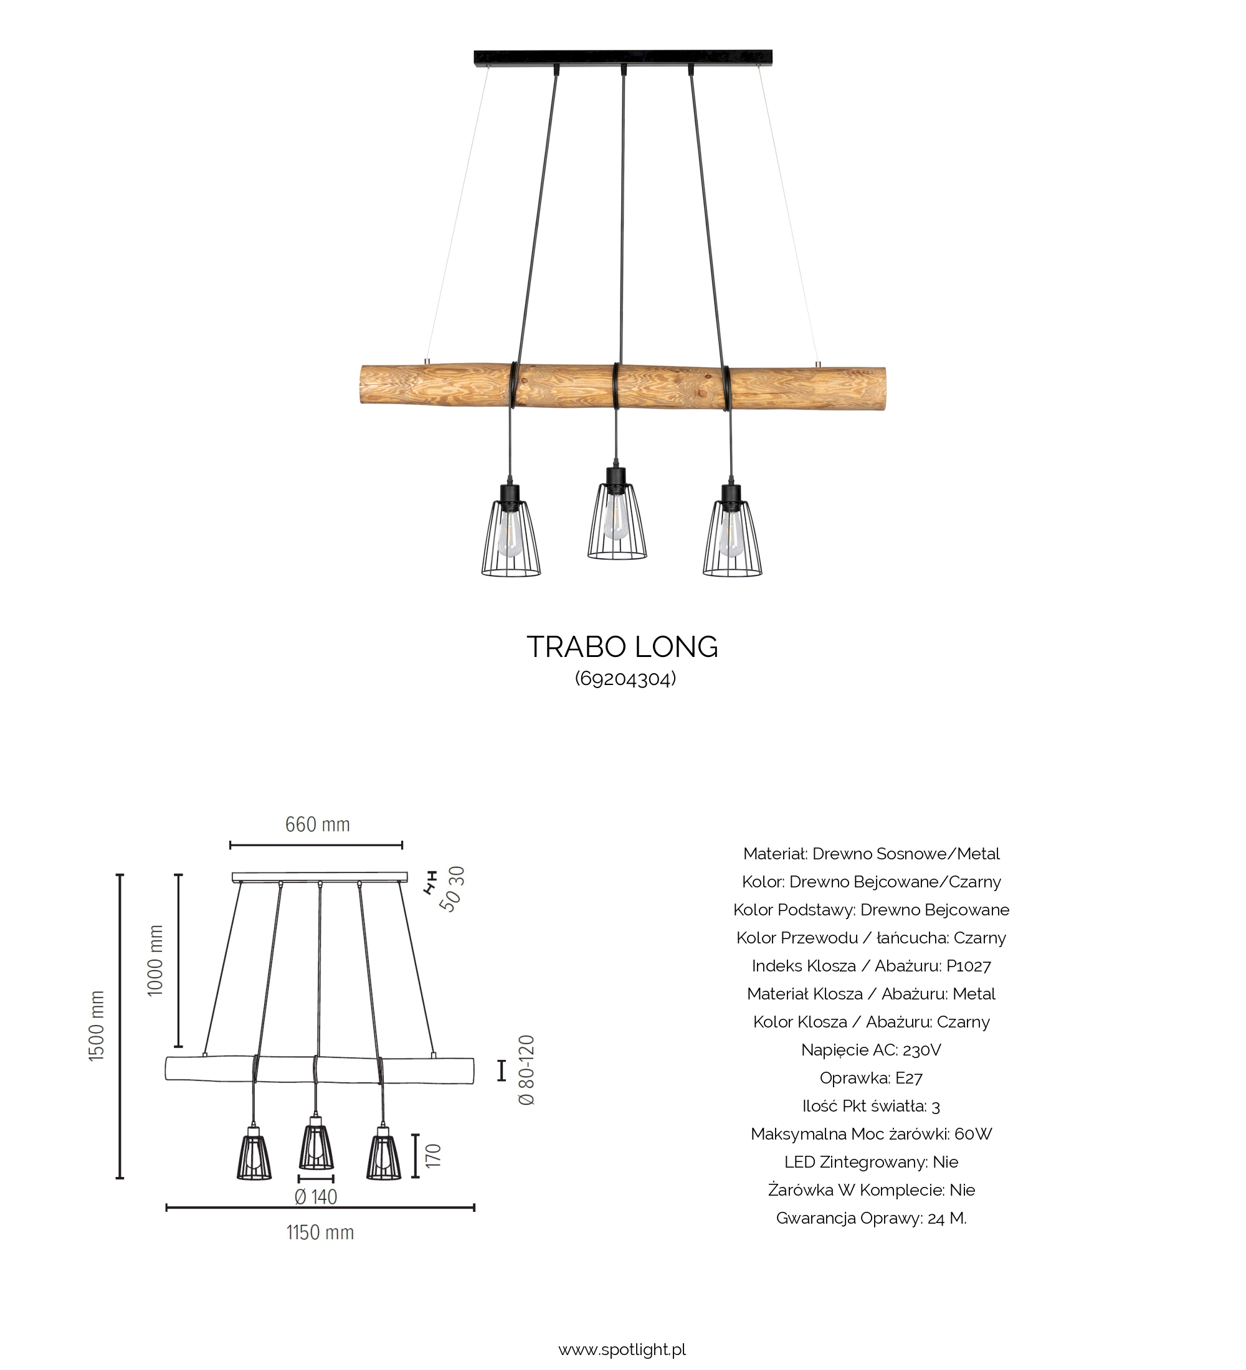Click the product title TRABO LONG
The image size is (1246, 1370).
(x=622, y=648)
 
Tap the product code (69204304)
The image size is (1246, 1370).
(x=625, y=679)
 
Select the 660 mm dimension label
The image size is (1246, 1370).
(x=318, y=824)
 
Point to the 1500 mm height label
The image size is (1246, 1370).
(x=97, y=1026)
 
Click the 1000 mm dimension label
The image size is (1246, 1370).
(x=156, y=960)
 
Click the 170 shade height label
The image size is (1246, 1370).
(x=434, y=1156)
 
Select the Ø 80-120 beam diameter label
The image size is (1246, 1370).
(x=527, y=1070)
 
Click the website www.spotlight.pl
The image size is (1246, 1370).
(x=622, y=1349)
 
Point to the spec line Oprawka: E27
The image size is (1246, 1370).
(x=871, y=1078)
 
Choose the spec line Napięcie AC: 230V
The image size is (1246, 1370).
(x=871, y=1050)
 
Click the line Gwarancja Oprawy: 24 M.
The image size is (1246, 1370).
(x=871, y=1219)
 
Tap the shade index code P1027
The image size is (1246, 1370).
(x=969, y=966)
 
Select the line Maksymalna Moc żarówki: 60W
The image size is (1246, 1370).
(x=871, y=1134)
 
